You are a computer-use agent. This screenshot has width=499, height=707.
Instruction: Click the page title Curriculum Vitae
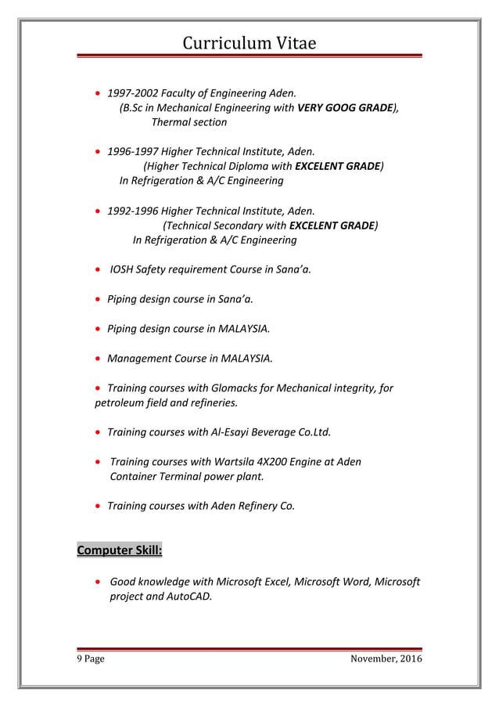[249, 43]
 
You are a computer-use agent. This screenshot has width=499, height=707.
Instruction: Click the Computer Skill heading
[119, 550]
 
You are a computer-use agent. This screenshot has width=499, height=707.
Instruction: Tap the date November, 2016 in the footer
[386, 659]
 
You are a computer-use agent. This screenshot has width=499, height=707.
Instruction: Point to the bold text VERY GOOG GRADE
[344, 107]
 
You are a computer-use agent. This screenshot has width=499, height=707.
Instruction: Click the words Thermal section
[188, 122]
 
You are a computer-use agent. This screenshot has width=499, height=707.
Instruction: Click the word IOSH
[120, 269]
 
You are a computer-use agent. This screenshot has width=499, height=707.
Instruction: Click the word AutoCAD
[190, 597]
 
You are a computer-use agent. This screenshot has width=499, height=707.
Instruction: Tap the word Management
[139, 358]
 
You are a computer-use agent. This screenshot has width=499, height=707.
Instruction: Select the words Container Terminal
[158, 476]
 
